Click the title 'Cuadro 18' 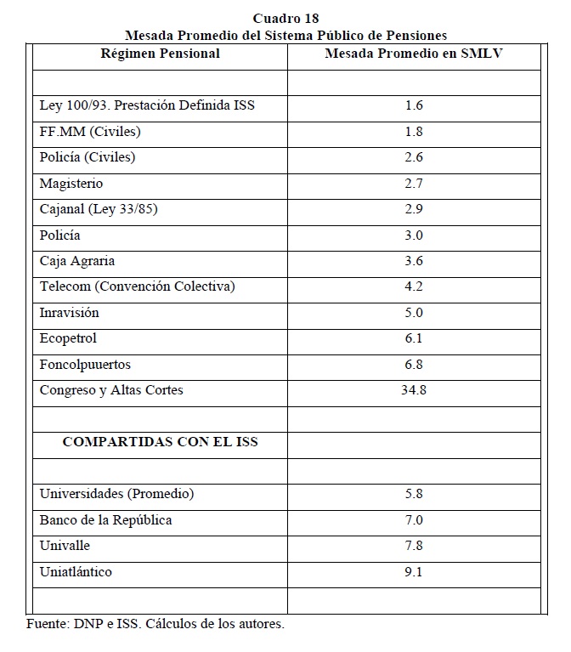click(x=285, y=18)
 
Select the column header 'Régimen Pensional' click(x=161, y=54)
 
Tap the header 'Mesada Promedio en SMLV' click(x=414, y=54)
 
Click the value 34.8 click(x=414, y=390)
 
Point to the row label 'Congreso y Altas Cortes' click(x=111, y=390)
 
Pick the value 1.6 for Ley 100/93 click(x=414, y=105)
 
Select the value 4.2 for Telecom click(x=414, y=286)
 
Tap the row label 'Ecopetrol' click(x=69, y=338)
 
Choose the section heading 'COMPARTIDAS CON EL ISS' click(x=161, y=442)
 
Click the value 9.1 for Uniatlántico click(x=414, y=572)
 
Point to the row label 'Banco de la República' click(x=106, y=520)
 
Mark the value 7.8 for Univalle click(x=414, y=546)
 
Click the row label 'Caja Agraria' click(x=77, y=261)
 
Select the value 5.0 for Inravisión click(x=414, y=313)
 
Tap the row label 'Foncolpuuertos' click(x=85, y=365)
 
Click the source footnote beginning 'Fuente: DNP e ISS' click(x=155, y=624)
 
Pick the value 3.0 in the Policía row click(x=414, y=235)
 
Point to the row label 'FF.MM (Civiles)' click(x=90, y=132)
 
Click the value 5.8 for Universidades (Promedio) click(x=414, y=494)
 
